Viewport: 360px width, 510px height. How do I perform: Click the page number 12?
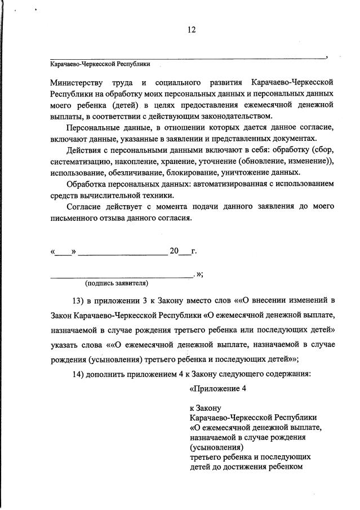(191, 30)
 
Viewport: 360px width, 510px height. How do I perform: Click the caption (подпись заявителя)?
(116, 283)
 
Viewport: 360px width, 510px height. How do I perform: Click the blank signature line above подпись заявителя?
(121, 276)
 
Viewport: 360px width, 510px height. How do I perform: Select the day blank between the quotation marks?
(63, 252)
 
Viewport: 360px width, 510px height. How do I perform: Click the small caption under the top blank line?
(100, 64)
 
